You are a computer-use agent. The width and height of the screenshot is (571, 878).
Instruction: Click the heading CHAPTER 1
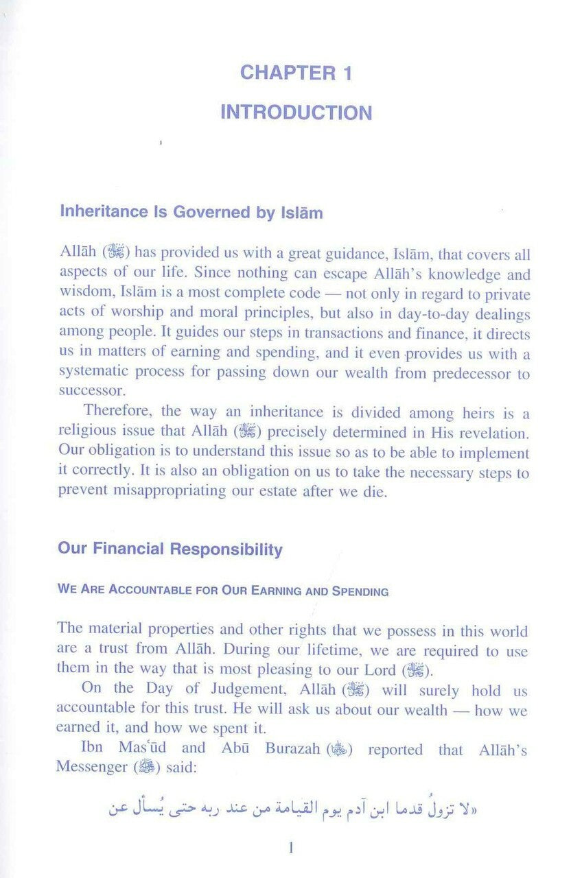point(296,73)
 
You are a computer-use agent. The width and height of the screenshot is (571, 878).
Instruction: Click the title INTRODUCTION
point(296,112)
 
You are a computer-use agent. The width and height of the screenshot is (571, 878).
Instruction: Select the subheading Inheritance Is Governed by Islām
point(191,212)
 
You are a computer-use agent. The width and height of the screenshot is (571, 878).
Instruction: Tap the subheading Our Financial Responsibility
point(170,549)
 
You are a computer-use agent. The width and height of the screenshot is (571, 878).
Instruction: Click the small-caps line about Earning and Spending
point(223,591)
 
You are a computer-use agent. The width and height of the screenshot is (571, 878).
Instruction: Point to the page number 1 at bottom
point(292,849)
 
